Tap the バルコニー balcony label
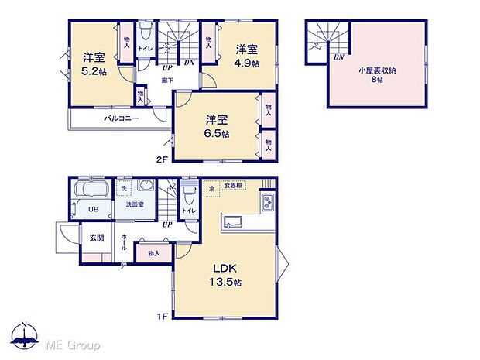[x=122, y=119]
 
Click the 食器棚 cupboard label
[x=234, y=186]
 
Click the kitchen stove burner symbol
[x=266, y=203]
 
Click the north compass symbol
[x=25, y=334]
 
